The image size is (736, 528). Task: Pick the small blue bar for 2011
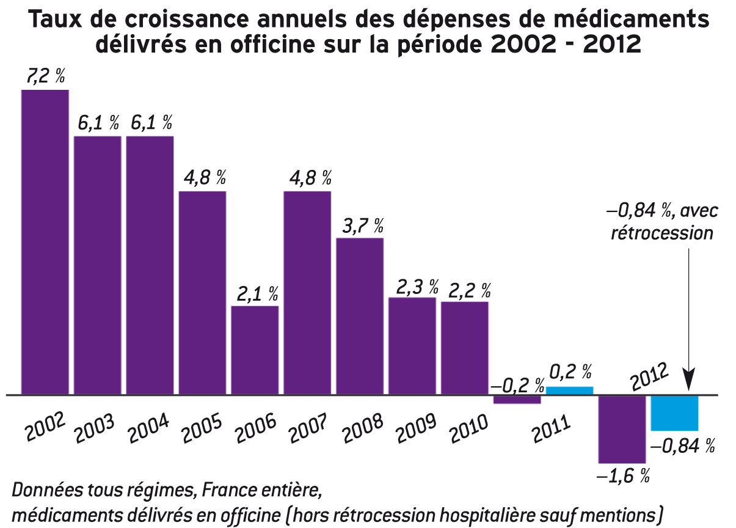point(569,391)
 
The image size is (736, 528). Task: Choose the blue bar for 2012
point(674,413)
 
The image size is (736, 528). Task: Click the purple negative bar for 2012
point(622,429)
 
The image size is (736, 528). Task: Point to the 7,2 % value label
point(45,77)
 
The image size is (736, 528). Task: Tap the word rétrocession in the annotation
point(662,233)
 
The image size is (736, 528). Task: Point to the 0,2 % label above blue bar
point(570,372)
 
